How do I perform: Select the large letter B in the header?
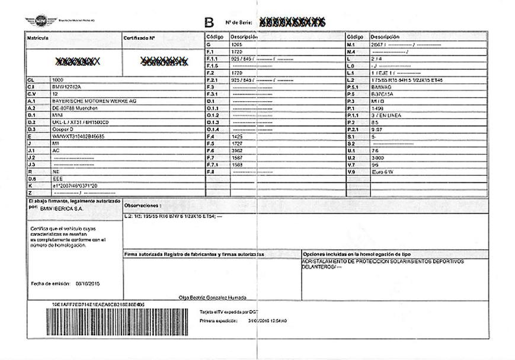tap(209, 23)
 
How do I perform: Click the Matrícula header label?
tap(37, 38)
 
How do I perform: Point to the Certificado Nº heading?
tap(139, 38)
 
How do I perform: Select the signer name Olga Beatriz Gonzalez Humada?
tap(212, 297)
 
